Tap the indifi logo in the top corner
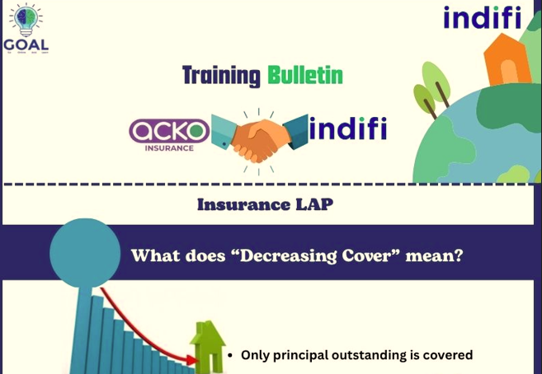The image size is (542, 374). point(483,17)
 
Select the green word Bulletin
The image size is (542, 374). point(304,77)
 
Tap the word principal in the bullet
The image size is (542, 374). point(302,355)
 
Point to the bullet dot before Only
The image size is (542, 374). point(230,356)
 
